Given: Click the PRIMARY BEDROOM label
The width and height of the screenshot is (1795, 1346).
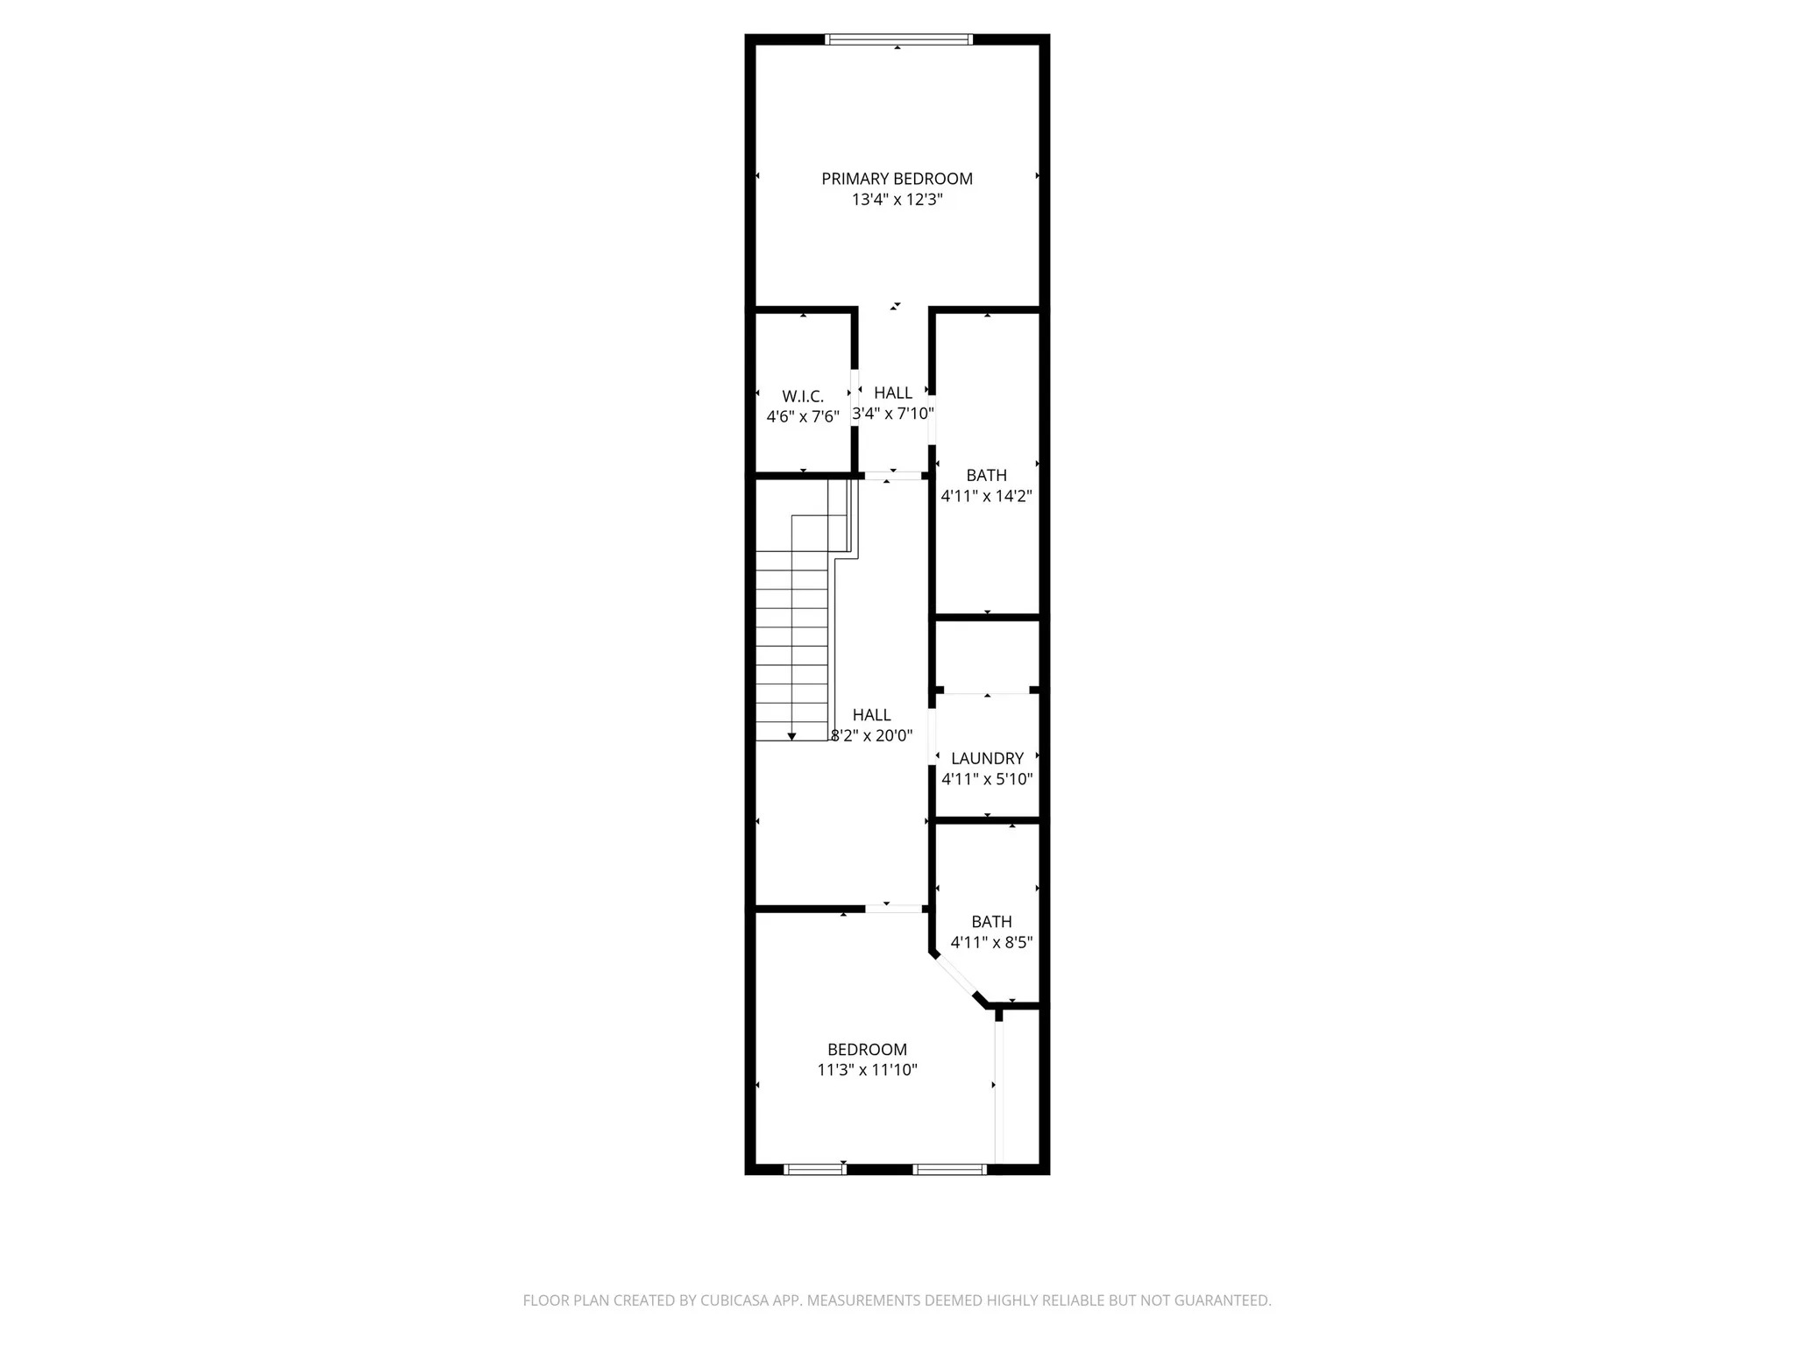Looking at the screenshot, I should point(897,179).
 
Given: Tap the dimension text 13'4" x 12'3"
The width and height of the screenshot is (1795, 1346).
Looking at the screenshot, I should point(897,200).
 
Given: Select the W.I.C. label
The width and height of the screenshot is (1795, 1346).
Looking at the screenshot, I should point(803,397).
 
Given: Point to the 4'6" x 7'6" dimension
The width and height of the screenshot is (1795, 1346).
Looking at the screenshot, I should point(803,417).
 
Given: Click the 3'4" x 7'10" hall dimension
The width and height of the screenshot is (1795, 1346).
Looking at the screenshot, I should point(893,414).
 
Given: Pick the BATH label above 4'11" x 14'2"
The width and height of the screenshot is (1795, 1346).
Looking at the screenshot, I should point(986,476).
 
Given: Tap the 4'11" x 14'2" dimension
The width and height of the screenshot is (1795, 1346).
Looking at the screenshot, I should point(986,496).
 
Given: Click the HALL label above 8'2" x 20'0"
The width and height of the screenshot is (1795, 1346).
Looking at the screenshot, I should point(871,716).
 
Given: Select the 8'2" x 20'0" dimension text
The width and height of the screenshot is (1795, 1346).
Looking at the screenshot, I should point(871,736).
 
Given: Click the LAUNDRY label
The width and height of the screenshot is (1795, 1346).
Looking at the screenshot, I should point(987,759).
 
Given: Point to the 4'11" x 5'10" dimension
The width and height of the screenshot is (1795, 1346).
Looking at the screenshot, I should point(987,779).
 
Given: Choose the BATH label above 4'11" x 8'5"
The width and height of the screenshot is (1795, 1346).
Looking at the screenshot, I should point(991,922).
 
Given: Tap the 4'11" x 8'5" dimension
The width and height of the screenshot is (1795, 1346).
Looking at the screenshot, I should point(991,943).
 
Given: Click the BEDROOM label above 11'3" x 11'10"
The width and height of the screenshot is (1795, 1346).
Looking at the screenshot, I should point(867,1050).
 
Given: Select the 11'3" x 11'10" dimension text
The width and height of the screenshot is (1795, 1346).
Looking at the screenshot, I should point(867,1070).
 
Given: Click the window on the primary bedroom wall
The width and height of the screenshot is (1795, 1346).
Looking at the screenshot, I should point(899,39).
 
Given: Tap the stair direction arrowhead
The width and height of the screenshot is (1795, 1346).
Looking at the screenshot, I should point(791,737).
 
